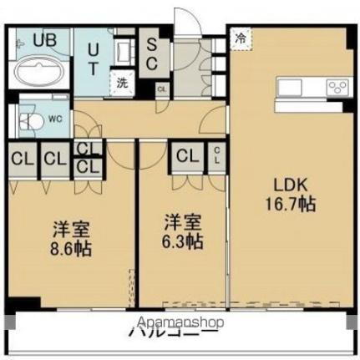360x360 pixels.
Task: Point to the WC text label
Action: (54, 119)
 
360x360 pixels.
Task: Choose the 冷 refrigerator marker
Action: (241, 38)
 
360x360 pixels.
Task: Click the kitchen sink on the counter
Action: (292, 85)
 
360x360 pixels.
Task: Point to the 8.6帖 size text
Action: (70, 248)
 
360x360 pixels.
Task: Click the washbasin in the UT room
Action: (123, 48)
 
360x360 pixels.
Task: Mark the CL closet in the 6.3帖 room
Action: (187, 156)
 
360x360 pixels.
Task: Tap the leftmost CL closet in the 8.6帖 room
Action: (23, 158)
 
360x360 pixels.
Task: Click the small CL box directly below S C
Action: (161, 89)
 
